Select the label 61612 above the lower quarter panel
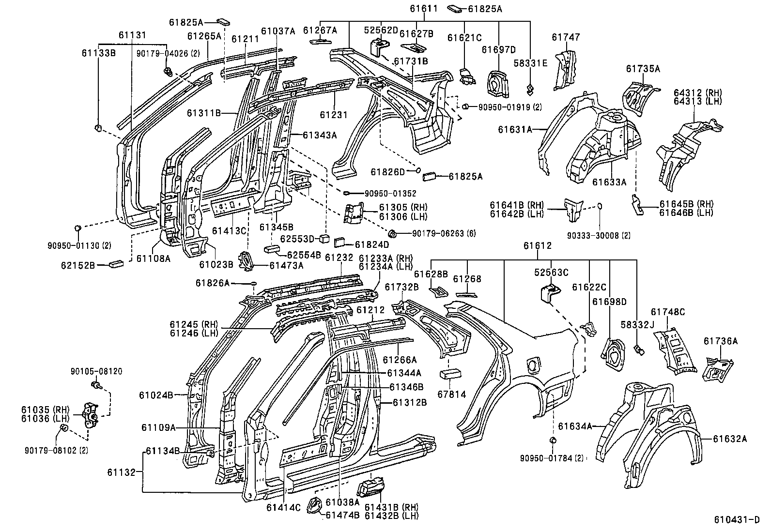click(x=537, y=246)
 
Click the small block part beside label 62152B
click(x=117, y=264)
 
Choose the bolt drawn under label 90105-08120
click(x=95, y=385)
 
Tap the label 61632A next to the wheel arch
click(x=730, y=439)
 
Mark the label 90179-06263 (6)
click(x=444, y=234)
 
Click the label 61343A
click(x=320, y=135)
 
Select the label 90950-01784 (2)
click(x=552, y=457)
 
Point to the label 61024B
click(x=156, y=395)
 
